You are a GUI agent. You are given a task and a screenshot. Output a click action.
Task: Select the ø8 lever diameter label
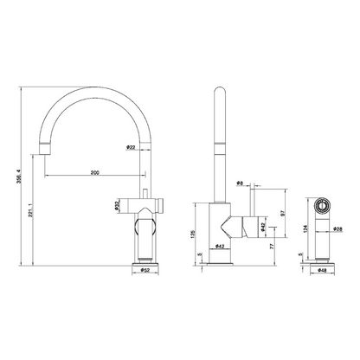tap(241, 184)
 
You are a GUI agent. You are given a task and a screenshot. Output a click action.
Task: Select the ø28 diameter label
tap(339, 229)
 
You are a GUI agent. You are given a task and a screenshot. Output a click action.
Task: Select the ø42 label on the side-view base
tap(222, 247)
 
